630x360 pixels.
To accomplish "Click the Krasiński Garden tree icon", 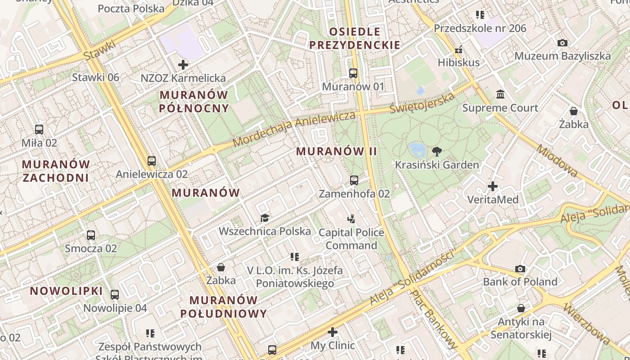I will pos(436,151).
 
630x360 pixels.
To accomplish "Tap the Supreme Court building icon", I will pos(500,94).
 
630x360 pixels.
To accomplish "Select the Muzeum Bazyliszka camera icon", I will pos(562,43).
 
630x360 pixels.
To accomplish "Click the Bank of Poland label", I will pos(520,282).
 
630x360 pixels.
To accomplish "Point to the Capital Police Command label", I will pos(351,239).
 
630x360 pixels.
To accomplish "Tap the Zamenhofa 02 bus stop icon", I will pos(354,180).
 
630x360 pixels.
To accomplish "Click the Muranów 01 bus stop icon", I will pos(353,73).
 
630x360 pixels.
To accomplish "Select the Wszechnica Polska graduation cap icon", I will pos(265,218).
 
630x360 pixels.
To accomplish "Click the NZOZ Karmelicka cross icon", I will pos(183,65).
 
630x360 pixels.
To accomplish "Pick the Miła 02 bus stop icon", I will pos(39,130).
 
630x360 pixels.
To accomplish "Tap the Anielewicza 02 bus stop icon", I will pos(152,161).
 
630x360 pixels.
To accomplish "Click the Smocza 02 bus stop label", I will pos(91,248).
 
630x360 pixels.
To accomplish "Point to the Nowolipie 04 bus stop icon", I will pos(115,295).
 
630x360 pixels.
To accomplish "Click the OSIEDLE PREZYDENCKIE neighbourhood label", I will pos(355,38).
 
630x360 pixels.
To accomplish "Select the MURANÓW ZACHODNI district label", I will pos(56,171).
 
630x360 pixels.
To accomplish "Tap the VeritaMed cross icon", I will pos(493,186).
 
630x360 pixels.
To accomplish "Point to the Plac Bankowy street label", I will pos(433,318).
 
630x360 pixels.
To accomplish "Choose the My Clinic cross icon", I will pos(333,332).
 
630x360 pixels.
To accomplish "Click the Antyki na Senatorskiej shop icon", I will pos(521,308).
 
